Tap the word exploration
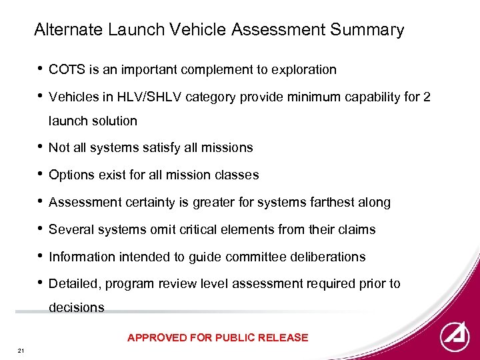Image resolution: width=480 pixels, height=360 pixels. coord(304,69)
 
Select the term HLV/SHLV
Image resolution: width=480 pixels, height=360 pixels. coord(153,97)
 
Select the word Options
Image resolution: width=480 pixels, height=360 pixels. coord(71,175)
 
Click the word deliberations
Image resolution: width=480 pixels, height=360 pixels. coord(329,257)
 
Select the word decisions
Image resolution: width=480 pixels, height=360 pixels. coord(77,308)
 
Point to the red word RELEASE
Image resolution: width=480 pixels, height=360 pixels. coord(283,337)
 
